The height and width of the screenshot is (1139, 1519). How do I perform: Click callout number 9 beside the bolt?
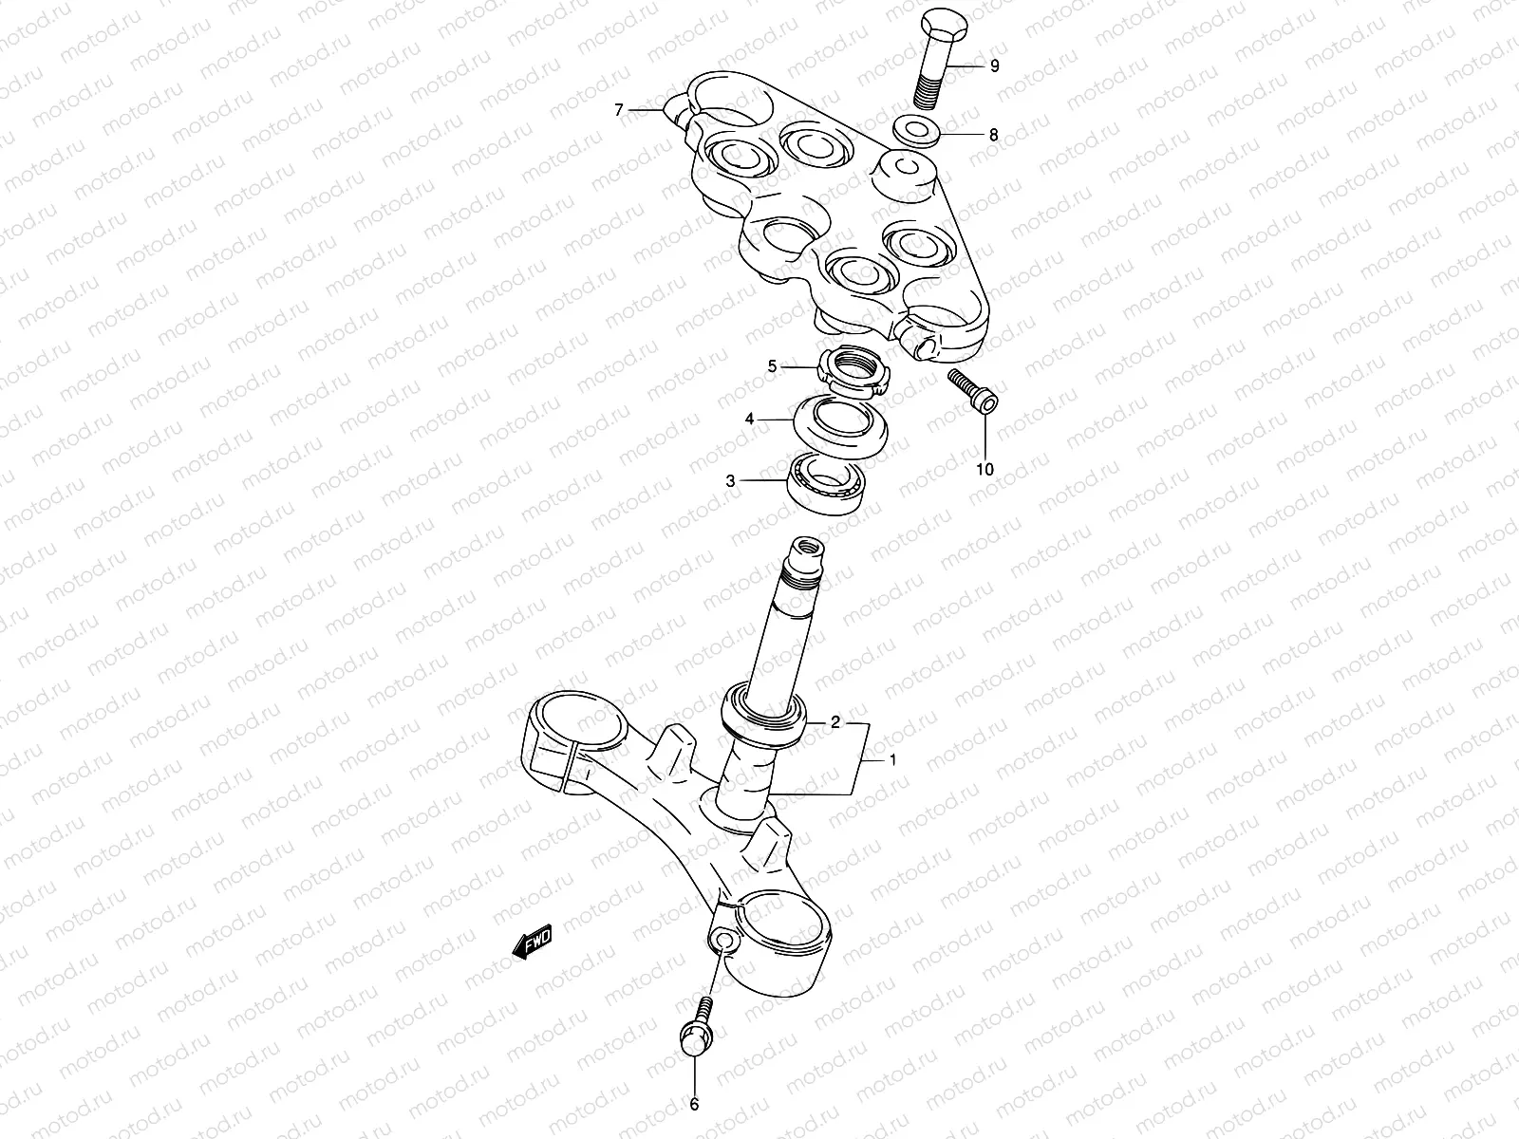click(x=994, y=66)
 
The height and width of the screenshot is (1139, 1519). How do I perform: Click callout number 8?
click(x=993, y=135)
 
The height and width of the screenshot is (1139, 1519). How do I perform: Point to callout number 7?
click(x=619, y=111)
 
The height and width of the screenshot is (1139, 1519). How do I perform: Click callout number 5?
click(x=772, y=365)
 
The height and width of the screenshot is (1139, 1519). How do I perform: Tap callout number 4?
click(x=749, y=419)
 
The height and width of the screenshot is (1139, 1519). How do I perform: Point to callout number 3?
click(x=730, y=481)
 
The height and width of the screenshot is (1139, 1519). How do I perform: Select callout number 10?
click(x=985, y=469)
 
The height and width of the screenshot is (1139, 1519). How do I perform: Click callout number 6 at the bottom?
click(x=694, y=1104)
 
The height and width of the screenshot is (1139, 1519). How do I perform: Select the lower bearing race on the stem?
click(x=765, y=715)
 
